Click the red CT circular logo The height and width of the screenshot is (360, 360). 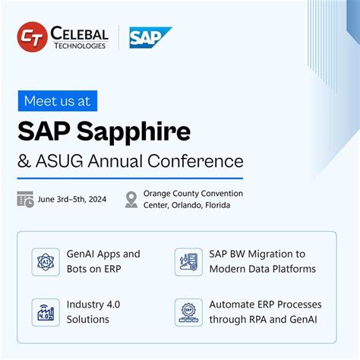pyautogui.click(x=32, y=37)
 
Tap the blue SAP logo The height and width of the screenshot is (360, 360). pyautogui.click(x=150, y=36)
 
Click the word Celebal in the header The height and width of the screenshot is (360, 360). pyautogui.click(x=80, y=33)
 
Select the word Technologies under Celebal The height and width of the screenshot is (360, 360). pyautogui.click(x=79, y=46)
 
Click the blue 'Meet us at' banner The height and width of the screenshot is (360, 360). pyautogui.click(x=58, y=100)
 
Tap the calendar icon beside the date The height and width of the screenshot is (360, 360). pyautogui.click(x=25, y=200)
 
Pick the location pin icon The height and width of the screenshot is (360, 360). pyautogui.click(x=131, y=199)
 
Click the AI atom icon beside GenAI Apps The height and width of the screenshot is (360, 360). pyautogui.click(x=46, y=261)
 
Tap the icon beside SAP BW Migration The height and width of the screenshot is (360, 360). pyautogui.click(x=188, y=261)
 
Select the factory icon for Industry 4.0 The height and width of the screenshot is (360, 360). pyautogui.click(x=46, y=311)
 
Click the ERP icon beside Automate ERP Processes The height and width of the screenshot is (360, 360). pyautogui.click(x=188, y=311)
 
